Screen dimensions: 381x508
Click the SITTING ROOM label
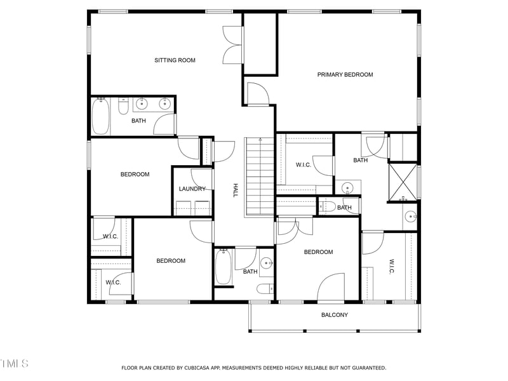click(x=175, y=60)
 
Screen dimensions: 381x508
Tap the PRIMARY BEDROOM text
click(x=345, y=74)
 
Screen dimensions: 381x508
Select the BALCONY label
click(x=334, y=315)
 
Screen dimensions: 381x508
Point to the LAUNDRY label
click(x=192, y=189)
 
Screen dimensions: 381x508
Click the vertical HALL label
click(x=235, y=190)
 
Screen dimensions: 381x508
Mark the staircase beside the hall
click(x=259, y=178)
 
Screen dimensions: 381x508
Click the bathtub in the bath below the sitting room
click(x=100, y=117)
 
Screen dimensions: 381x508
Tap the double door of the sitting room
click(x=232, y=44)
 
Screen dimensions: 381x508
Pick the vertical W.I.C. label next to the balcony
click(x=392, y=266)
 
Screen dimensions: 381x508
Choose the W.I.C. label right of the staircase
click(x=303, y=165)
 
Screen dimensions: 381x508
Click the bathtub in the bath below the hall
click(x=223, y=267)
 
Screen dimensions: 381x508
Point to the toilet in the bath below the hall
click(x=265, y=290)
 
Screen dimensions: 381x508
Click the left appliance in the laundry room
click(x=183, y=208)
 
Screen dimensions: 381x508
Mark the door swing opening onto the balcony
click(x=331, y=288)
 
